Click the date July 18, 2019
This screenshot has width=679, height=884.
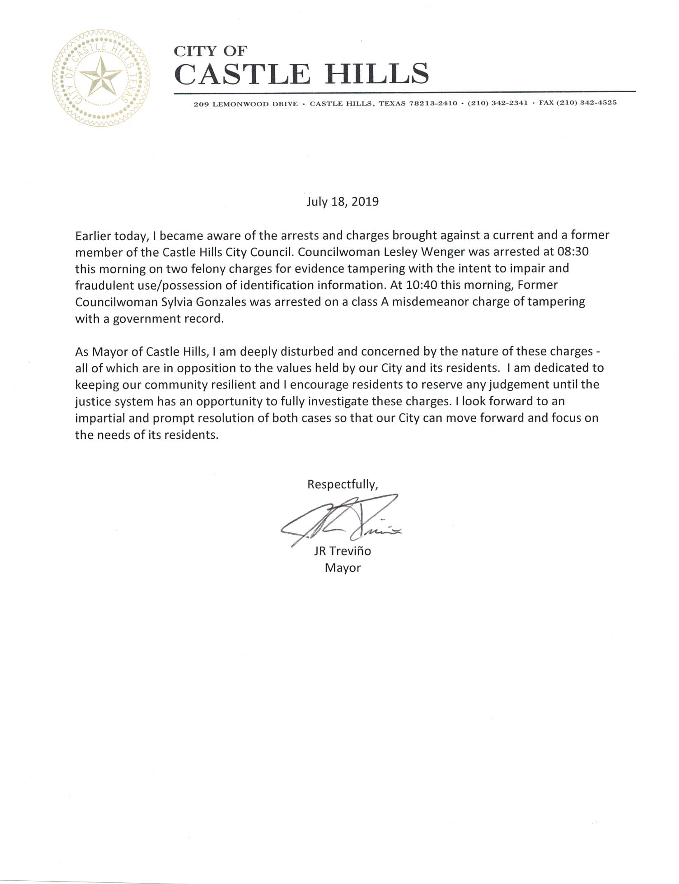coord(342,202)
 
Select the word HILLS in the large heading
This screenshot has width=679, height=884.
coord(377,74)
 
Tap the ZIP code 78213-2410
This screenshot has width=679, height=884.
coord(433,103)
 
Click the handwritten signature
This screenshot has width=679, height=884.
coord(342,520)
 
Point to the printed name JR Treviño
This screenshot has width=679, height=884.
coord(342,551)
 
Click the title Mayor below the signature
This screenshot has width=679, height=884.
coord(343,568)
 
